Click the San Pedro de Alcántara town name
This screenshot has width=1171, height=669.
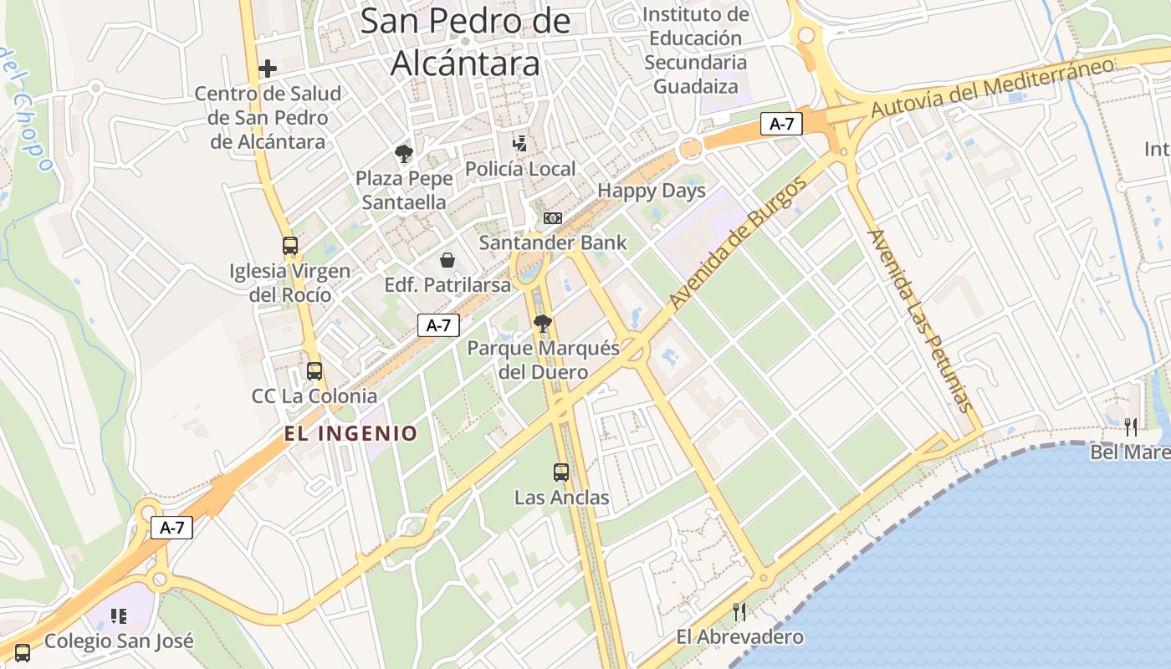[465, 42]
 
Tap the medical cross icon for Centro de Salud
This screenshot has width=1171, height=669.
[268, 69]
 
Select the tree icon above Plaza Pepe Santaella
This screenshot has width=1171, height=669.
[404, 154]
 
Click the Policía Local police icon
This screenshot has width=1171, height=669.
[519, 144]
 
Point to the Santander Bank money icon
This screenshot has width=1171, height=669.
[552, 218]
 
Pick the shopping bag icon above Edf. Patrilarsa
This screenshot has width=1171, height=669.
[447, 260]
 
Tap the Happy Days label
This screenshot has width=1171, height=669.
[651, 191]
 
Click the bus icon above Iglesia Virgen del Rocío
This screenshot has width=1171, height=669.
[290, 246]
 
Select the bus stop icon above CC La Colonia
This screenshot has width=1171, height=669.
[314, 371]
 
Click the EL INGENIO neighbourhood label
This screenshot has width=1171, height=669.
[350, 433]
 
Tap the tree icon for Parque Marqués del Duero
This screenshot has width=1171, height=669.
[543, 323]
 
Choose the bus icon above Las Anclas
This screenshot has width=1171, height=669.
[561, 472]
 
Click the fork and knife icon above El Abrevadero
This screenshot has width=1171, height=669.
[739, 612]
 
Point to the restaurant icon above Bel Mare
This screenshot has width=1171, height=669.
[1131, 427]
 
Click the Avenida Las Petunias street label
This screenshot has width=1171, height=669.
[921, 320]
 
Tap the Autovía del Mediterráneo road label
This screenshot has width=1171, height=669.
[993, 88]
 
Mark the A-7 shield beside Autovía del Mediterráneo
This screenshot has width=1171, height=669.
[781, 125]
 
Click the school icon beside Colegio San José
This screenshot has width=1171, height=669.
[119, 616]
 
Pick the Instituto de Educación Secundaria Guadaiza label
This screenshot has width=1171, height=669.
[696, 50]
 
